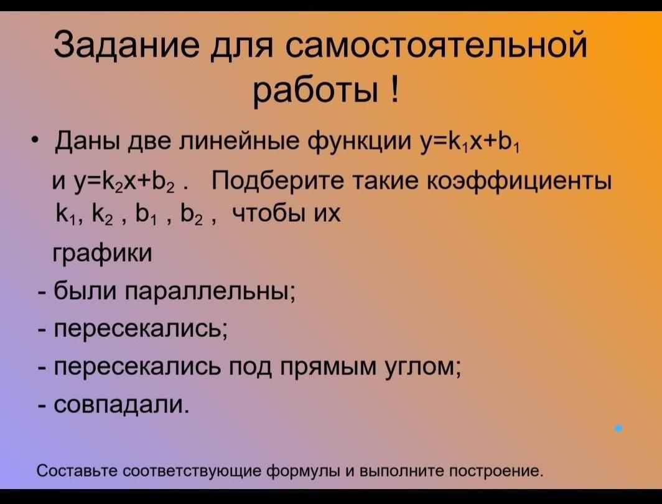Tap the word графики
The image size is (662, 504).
[102, 253]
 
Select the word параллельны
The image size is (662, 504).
[210, 292]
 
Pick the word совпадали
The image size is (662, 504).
[119, 404]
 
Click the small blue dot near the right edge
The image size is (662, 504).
[618, 429]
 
